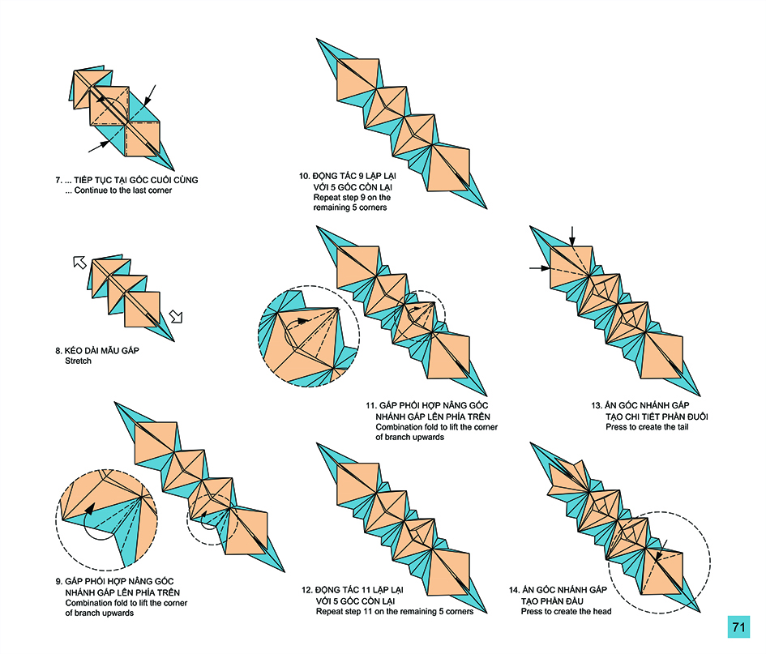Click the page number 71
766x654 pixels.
pos(738,627)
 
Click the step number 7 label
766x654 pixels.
pos(58,180)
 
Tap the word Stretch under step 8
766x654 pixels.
pos(79,361)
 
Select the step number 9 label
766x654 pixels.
pos(58,582)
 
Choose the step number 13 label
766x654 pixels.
pos(597,405)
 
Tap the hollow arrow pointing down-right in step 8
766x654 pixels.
pos(177,316)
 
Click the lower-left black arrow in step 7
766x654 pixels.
pos(98,146)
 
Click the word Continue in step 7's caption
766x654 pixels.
pos(92,190)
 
